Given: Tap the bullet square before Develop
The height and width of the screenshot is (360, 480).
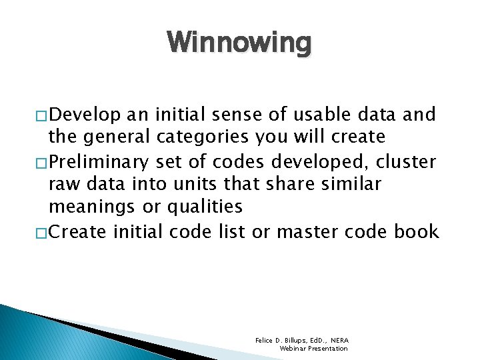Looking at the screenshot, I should pyautogui.click(x=42, y=115).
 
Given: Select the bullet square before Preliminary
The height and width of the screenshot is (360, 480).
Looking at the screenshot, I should pyautogui.click(x=42, y=161).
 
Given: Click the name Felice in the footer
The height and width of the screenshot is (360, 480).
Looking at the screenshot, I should pyautogui.click(x=265, y=340).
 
